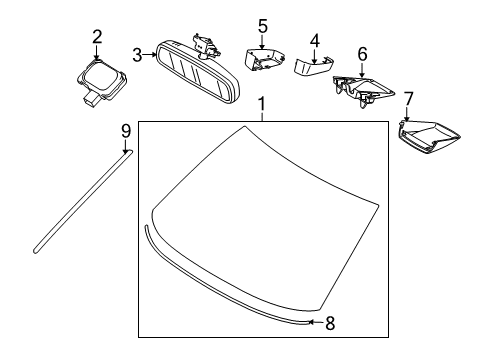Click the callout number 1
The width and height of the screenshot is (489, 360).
(261, 106)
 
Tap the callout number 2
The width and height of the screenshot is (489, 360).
(97, 37)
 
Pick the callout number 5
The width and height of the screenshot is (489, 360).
(262, 24)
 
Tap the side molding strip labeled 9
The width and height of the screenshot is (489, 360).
(81, 206)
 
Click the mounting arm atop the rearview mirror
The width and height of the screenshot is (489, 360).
(206, 43)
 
